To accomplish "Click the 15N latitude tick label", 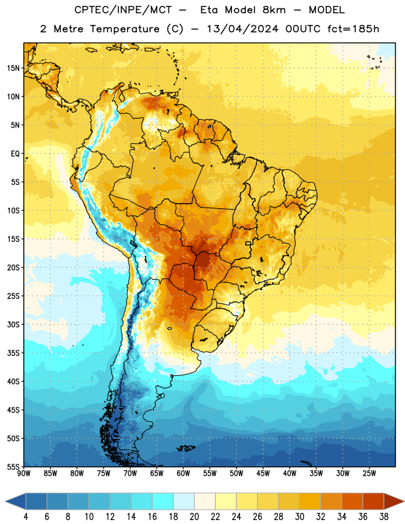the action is click(x=13, y=68).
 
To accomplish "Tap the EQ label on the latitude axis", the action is click(x=15, y=154).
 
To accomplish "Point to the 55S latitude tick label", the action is click(x=13, y=466).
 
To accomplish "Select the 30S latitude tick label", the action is click(x=13, y=324).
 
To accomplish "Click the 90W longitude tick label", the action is click(x=24, y=473).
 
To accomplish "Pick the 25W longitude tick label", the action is click(x=369, y=473).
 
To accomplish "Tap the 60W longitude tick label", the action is click(x=183, y=473).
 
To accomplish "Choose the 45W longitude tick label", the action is click(x=263, y=473).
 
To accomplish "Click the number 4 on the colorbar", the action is click(x=26, y=517).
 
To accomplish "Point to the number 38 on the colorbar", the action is click(x=384, y=517).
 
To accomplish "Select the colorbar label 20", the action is click(x=194, y=517).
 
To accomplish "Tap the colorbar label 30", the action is click(x=299, y=517).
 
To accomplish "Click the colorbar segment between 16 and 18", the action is click(x=163, y=501).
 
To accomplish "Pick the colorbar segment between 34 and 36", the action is click(x=352, y=501).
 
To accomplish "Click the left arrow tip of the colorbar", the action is click(x=5, y=501).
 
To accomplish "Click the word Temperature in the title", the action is click(x=125, y=29).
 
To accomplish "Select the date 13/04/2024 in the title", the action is click(x=242, y=29).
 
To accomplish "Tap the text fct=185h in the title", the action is click(x=353, y=29).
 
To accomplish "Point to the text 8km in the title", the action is click(x=274, y=10).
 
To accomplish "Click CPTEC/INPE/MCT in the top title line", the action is click(x=123, y=10).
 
